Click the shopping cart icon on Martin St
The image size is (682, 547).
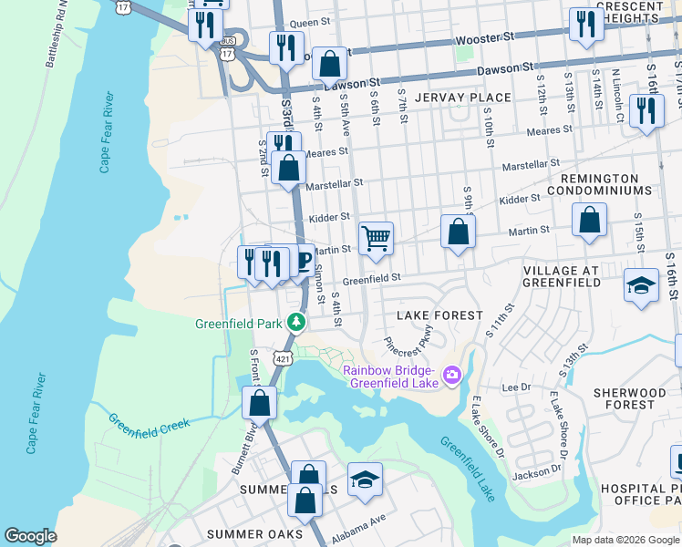pyautogui.click(x=376, y=239)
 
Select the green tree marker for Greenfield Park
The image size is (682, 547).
pyautogui.click(x=296, y=322)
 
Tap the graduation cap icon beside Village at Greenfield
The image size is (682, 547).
pyautogui.click(x=641, y=284)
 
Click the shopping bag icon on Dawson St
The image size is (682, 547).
pyautogui.click(x=329, y=64)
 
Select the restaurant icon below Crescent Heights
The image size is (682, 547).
pyautogui.click(x=584, y=25)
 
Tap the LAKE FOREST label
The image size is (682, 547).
pyautogui.click(x=439, y=315)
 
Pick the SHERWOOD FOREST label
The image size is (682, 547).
pyautogui.click(x=635, y=397)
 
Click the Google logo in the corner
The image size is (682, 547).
pyautogui.click(x=30, y=536)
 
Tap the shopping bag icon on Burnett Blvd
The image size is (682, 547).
pyautogui.click(x=260, y=402)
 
